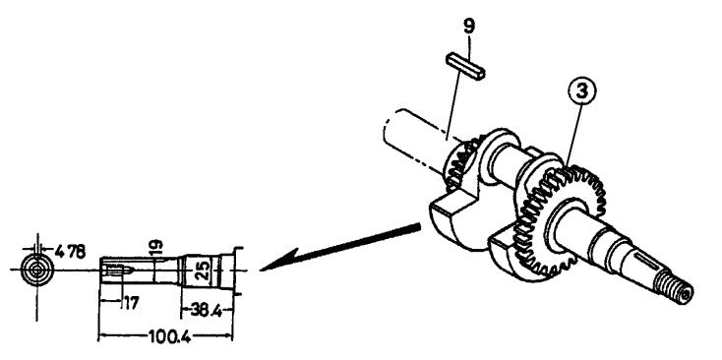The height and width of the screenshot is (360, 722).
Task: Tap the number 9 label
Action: click(469, 25)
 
